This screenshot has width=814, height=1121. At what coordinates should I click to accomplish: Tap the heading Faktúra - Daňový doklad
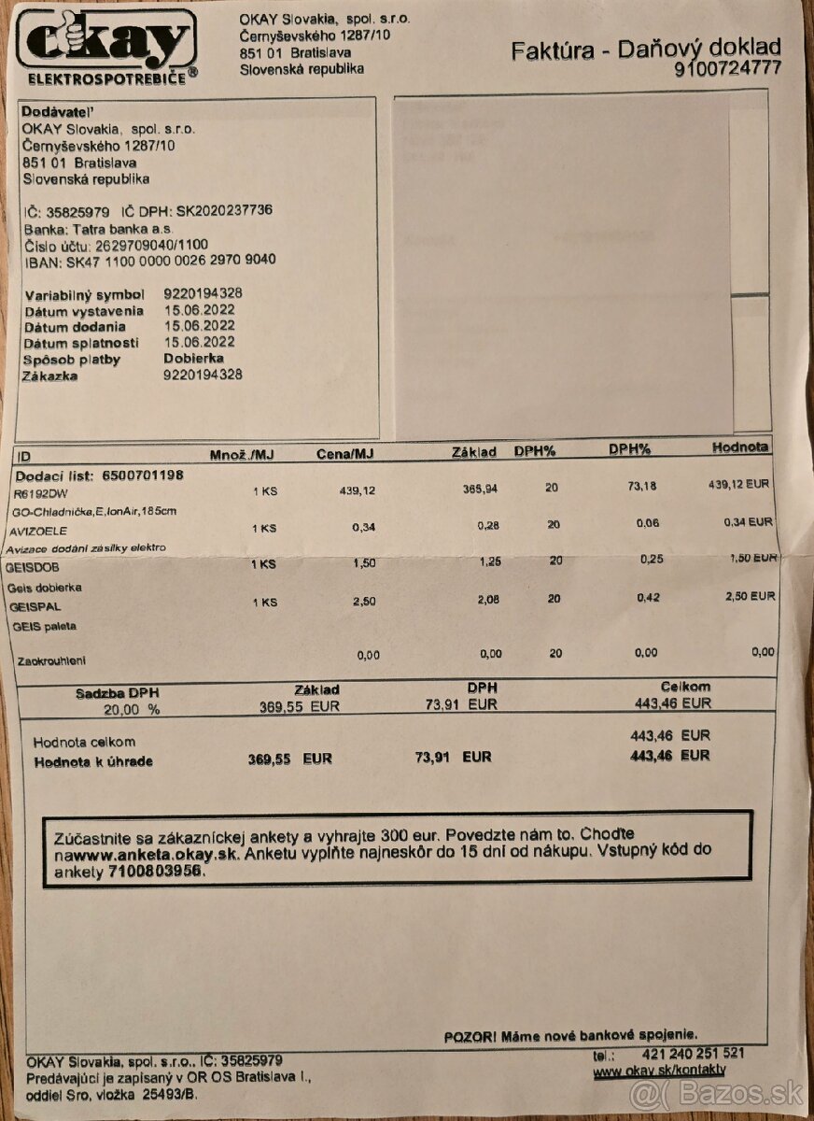[645, 49]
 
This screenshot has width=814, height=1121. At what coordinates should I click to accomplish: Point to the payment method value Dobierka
[194, 359]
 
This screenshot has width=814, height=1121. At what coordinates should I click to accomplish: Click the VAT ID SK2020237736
[224, 210]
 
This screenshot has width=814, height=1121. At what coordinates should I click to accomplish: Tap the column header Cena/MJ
[345, 454]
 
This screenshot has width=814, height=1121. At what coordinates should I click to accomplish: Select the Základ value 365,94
[482, 490]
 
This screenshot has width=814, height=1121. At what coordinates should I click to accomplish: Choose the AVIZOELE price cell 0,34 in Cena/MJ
[364, 527]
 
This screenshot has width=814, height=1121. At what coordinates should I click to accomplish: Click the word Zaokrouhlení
[51, 660]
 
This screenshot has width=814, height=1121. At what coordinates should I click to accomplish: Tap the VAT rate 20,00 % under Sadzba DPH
[132, 709]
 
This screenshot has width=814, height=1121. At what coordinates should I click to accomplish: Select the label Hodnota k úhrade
[93, 761]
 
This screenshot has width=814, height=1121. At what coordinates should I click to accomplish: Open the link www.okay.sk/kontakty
[659, 1071]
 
